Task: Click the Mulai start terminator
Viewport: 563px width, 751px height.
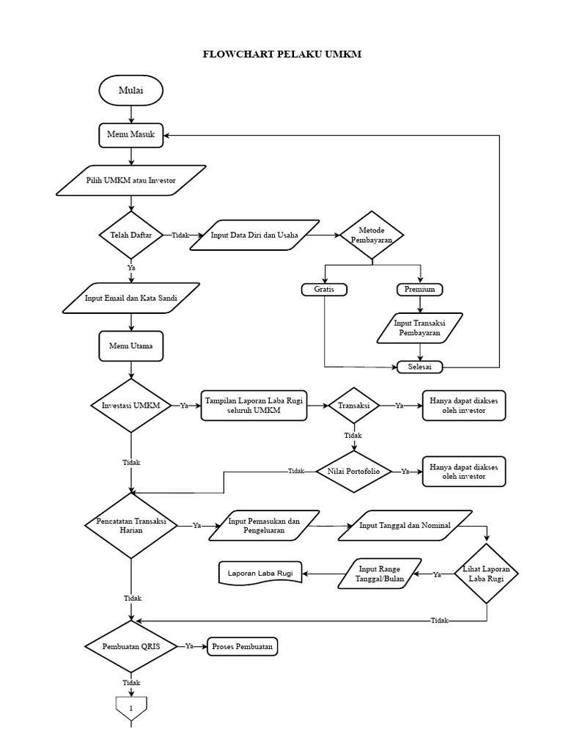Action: (130, 91)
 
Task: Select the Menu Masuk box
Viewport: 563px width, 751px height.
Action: (130, 135)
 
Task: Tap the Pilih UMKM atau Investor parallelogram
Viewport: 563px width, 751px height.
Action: (130, 180)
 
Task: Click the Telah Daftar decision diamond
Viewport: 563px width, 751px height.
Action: (130, 235)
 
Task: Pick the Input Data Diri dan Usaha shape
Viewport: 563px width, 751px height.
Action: (254, 235)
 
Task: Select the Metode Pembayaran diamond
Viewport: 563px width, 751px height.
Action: (372, 235)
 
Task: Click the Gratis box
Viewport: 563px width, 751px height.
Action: (324, 290)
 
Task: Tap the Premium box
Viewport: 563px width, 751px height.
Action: (420, 290)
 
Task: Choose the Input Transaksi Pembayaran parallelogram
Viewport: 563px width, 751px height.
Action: (420, 328)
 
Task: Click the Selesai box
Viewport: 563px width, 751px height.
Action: (420, 367)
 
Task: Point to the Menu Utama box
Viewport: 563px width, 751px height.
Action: (130, 346)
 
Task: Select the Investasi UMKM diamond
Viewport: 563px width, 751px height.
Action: (130, 406)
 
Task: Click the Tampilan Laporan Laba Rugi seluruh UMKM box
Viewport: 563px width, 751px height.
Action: (254, 406)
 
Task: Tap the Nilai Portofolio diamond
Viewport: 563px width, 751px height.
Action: (353, 472)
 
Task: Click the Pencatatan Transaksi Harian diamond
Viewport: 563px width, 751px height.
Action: (131, 525)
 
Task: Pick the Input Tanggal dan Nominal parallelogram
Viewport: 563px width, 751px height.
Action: (405, 525)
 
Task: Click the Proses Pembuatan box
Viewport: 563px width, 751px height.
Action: (242, 647)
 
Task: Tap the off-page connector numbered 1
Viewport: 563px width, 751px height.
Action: (131, 708)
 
